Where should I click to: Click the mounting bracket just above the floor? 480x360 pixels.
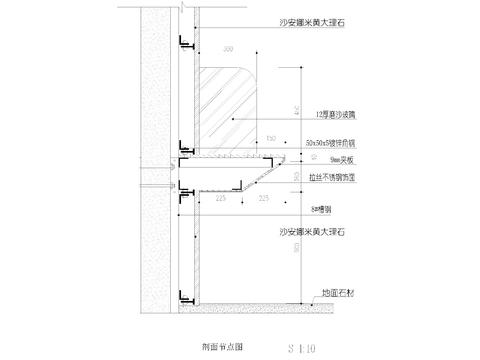[186, 298]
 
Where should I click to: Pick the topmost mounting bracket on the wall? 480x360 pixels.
[185, 39]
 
